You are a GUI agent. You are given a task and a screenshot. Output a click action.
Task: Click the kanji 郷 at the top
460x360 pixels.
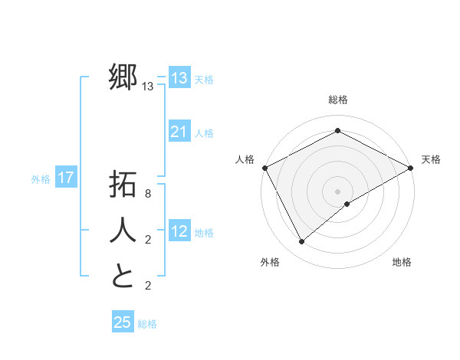[x=123, y=77]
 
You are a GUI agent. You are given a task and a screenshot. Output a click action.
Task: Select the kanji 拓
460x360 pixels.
[x=123, y=185]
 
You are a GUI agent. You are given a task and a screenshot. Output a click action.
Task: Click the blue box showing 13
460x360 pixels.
[x=179, y=78]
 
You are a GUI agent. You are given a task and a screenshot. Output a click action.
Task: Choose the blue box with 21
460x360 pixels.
[x=179, y=132]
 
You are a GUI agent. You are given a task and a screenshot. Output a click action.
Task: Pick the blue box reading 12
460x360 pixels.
[x=179, y=231]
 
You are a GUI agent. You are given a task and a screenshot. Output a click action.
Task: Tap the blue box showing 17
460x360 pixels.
[x=66, y=178]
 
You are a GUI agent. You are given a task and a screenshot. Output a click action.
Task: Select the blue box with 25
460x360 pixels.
[x=123, y=322]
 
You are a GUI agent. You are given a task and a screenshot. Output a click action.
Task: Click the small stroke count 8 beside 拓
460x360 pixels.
[x=148, y=194]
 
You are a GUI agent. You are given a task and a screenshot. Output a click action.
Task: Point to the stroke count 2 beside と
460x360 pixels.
[x=148, y=286]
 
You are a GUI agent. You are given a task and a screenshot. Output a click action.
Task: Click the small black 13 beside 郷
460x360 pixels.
[x=148, y=87]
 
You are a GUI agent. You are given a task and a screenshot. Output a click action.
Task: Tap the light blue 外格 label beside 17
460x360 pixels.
[x=41, y=179]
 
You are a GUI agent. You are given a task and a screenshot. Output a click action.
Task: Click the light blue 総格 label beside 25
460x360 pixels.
[x=147, y=324]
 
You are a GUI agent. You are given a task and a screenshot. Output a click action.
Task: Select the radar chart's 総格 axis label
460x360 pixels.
[x=337, y=100]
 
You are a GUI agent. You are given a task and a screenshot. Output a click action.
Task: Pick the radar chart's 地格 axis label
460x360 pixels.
[x=402, y=262]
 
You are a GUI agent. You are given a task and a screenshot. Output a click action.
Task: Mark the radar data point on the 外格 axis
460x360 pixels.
[x=302, y=242]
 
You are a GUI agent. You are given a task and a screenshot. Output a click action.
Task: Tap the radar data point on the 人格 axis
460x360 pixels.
[x=264, y=168]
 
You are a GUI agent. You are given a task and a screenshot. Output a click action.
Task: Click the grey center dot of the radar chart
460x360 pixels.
[x=337, y=191]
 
